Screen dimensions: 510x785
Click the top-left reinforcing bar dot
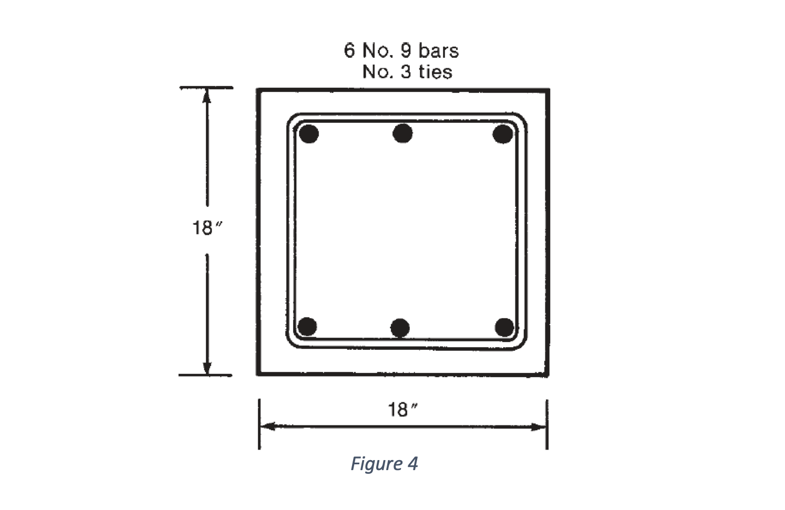pos(308,134)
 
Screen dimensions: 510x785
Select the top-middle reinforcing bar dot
pos(402,133)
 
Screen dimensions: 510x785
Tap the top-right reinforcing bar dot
pos(503,134)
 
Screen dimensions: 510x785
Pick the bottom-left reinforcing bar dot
pos(307,327)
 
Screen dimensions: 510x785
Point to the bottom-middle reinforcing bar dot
pos(400,328)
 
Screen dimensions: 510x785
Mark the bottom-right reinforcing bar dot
pos(504,327)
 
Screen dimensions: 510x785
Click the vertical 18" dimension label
pos(205,228)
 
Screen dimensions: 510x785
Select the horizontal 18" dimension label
pos(402,409)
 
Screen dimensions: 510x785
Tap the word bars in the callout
pos(438,51)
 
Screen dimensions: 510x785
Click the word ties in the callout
pos(435,72)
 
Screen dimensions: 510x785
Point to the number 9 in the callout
pos(406,51)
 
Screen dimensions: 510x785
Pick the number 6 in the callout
pos(349,51)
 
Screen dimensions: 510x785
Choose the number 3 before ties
pos(406,72)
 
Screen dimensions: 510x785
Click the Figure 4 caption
pos(384,464)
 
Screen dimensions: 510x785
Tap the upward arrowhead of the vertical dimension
pos(207,96)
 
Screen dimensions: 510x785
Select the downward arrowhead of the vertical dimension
pos(207,367)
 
